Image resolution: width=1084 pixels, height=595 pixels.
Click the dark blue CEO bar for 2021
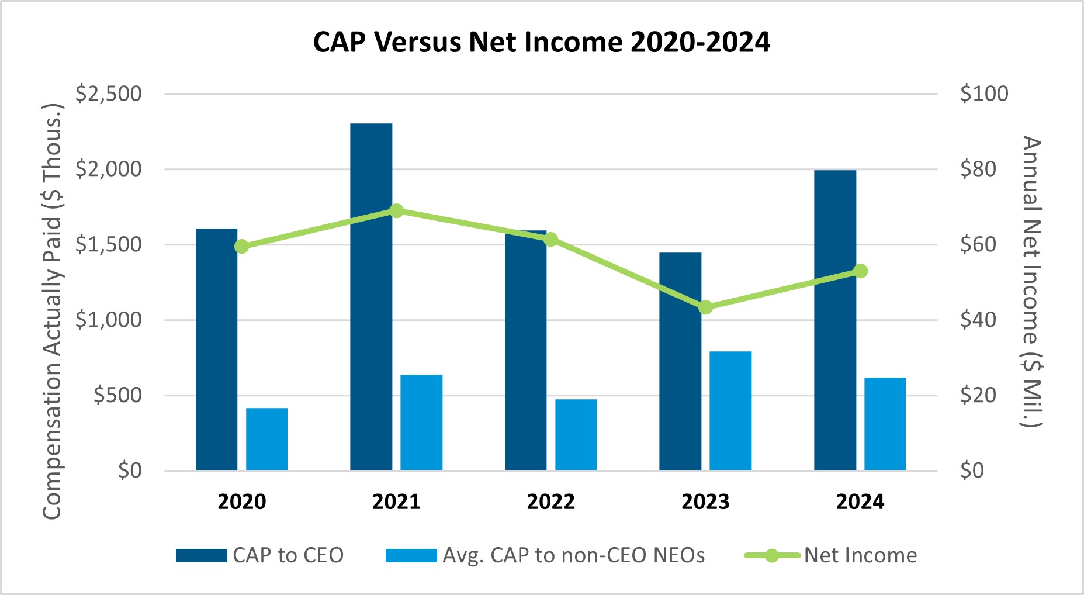(371, 297)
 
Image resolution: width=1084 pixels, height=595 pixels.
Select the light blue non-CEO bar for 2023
(730, 411)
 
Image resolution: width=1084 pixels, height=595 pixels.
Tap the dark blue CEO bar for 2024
(835, 320)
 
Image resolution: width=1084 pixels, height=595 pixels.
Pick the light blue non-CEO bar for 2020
(266, 439)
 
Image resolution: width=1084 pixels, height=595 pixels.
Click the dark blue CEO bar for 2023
(680, 361)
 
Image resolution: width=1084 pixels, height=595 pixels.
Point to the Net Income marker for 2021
(397, 211)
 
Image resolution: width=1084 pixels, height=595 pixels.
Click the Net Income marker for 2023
(706, 307)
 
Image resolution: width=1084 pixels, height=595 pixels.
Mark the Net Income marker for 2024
(860, 271)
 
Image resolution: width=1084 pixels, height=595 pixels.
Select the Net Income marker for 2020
(242, 247)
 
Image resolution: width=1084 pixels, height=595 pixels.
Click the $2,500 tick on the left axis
(109, 94)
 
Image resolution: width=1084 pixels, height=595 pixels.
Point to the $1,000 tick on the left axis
(109, 320)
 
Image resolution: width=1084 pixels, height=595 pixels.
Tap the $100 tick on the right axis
(984, 94)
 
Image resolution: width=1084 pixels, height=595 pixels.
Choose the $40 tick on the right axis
(978, 320)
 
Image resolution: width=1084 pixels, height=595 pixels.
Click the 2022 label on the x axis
(551, 501)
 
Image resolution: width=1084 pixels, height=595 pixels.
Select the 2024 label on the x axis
(860, 501)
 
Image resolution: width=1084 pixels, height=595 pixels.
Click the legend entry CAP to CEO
(260, 555)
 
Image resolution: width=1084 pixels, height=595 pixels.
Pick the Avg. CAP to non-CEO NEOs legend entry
(545, 555)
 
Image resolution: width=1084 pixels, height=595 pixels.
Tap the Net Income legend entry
(830, 555)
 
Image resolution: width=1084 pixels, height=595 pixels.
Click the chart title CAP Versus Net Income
(542, 42)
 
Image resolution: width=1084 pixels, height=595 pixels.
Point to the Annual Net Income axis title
(1031, 282)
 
